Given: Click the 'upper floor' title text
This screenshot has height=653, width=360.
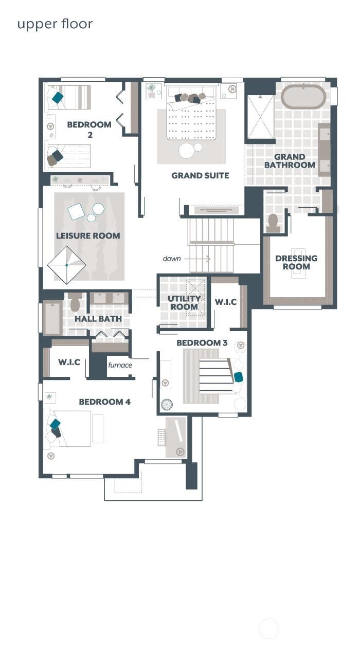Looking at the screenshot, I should [55, 24].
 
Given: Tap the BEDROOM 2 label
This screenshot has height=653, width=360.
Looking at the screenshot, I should [89, 129].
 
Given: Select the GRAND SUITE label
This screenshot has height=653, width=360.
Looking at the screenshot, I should [200, 176].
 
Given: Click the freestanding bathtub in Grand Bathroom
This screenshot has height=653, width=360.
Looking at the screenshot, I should [303, 96].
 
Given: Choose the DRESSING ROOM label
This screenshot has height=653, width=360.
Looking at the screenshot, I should [296, 262].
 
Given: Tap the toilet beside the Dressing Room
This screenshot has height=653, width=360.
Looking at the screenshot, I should [273, 222].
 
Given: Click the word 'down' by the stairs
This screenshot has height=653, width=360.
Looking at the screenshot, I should [172, 259].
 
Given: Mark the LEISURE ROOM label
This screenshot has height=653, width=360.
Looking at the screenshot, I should [88, 236].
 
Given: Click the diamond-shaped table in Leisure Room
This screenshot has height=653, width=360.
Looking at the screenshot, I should [67, 265].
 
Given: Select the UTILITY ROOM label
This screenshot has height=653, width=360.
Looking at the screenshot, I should [184, 303].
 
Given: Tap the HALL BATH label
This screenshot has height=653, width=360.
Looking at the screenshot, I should [98, 319].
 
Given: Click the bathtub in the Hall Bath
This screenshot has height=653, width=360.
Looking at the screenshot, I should [52, 318].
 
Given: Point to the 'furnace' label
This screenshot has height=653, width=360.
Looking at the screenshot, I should [120, 365].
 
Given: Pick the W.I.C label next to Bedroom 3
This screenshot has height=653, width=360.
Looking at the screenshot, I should [226, 302].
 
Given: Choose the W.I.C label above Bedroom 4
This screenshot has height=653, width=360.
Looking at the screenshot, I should [68, 362].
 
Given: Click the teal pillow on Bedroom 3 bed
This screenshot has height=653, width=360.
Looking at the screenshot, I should [238, 377].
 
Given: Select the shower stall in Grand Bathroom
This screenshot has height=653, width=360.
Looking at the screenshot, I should [260, 117].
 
